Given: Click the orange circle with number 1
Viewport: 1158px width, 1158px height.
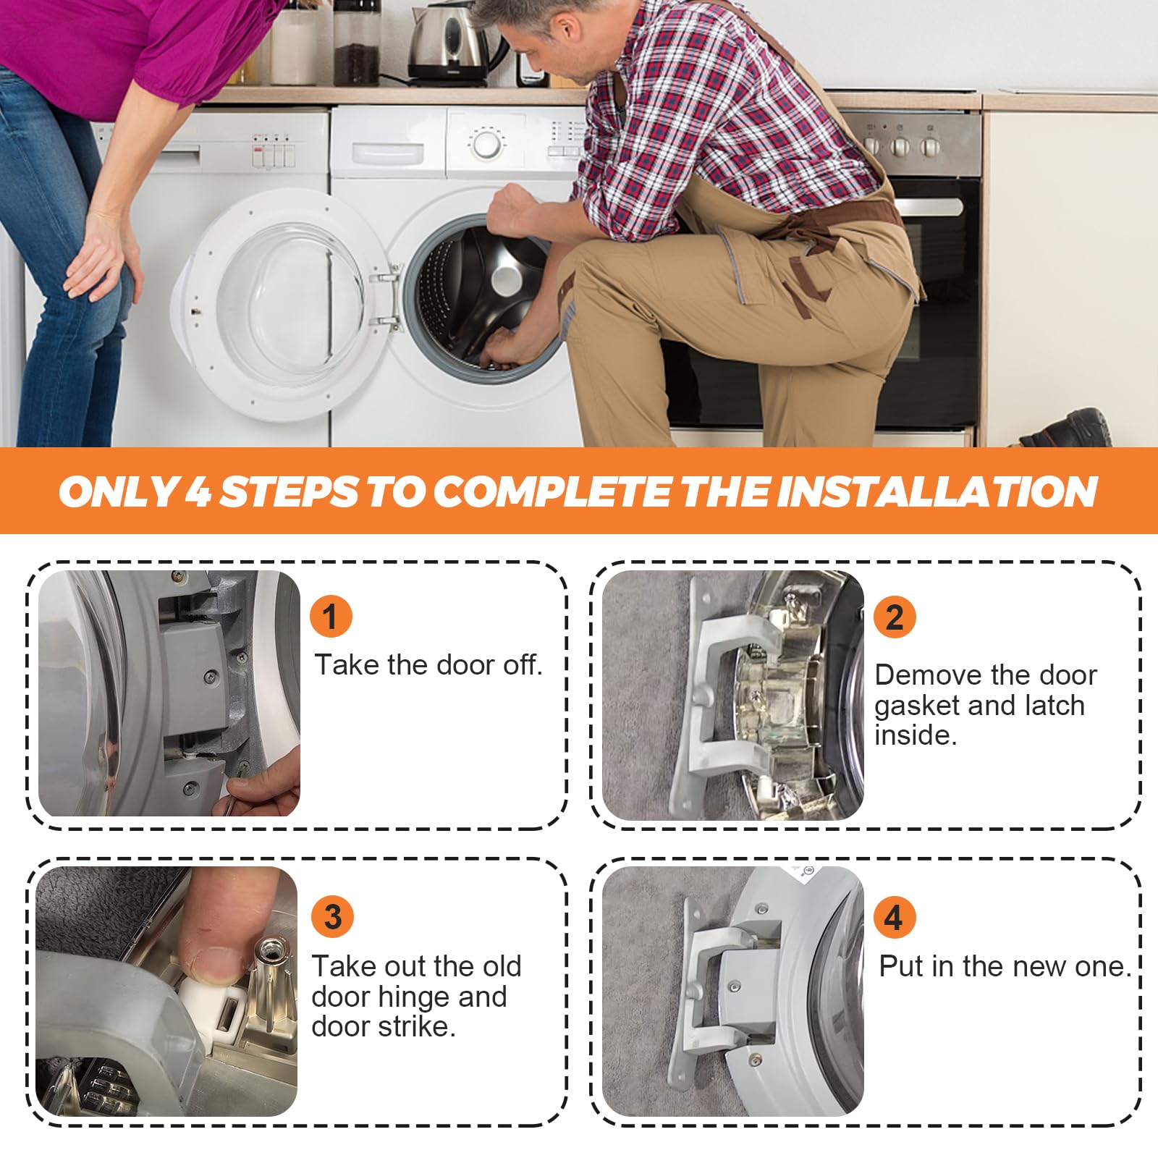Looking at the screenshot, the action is pos(331,617).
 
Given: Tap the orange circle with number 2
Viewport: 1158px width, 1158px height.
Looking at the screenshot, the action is pos(895,617).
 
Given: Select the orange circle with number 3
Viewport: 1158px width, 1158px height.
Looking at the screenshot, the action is pos(333,917).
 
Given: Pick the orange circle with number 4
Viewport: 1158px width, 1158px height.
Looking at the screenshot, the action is pos(895,917).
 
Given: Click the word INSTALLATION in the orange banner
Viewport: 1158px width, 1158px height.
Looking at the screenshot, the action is pos(937,491).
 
